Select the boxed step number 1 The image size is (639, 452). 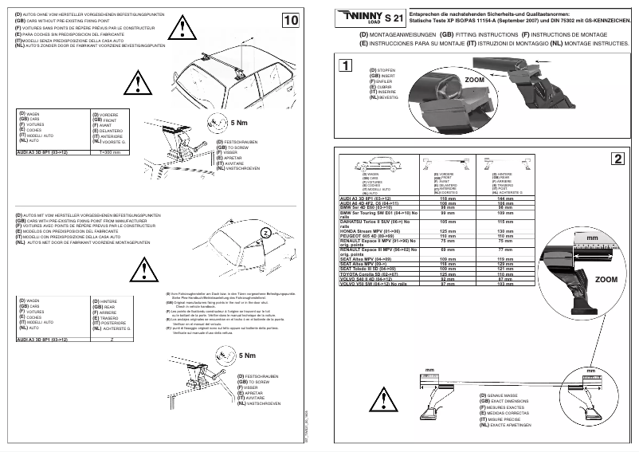[x=343, y=66]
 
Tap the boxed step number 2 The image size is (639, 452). [x=617, y=158]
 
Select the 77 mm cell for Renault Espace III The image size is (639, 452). [x=504, y=250]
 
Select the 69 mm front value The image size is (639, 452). [x=447, y=250]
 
